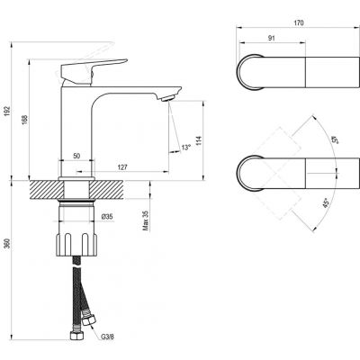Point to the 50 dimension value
(77, 156)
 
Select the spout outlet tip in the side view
(166, 95)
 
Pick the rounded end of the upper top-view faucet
(246, 71)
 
